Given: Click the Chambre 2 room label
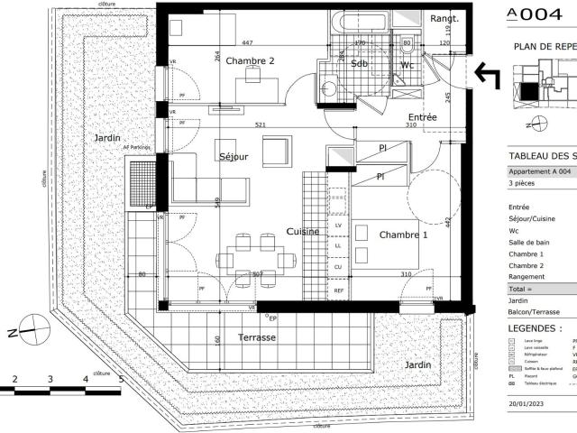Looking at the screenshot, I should coord(250,60).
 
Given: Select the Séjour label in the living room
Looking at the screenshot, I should coord(234,157).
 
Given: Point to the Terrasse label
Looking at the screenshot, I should coord(257,337).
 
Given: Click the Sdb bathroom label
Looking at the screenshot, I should coord(359,64).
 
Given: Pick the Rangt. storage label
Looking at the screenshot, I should coord(444,18).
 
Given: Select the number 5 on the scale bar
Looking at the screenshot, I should coord(120,380).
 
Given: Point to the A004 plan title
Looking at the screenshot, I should coord(539,14).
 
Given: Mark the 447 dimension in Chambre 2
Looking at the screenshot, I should coord(247,42).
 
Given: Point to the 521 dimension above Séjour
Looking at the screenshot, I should coord(260,124).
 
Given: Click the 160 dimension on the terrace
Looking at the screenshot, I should coord(218,340).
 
